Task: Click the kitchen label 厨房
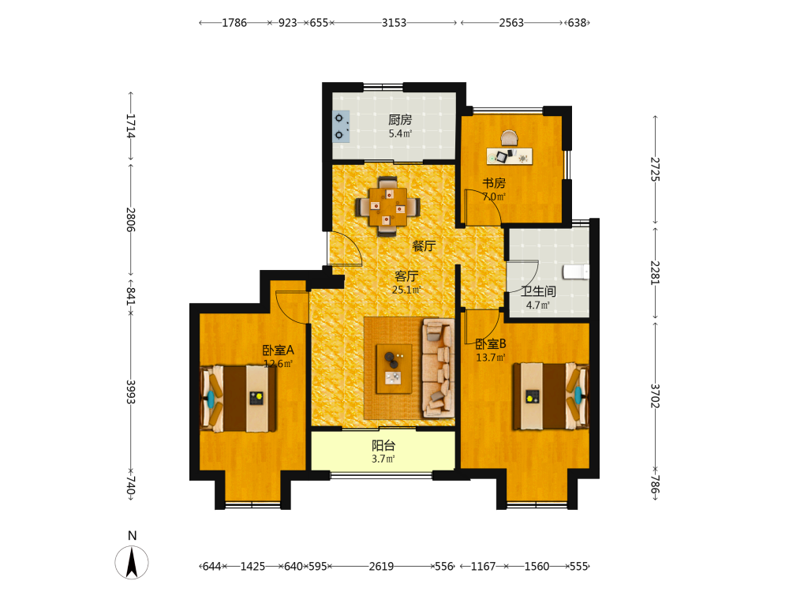(400, 120)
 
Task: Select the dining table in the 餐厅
(387, 206)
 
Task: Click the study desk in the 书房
(509, 156)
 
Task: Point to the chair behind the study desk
(509, 138)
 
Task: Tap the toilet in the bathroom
(576, 272)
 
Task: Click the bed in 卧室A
(238, 398)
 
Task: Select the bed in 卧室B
(551, 396)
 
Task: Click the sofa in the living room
(439, 368)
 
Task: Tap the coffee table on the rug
(394, 369)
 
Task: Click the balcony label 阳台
(383, 445)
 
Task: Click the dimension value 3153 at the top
(394, 23)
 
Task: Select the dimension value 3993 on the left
(131, 392)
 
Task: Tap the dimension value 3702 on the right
(655, 395)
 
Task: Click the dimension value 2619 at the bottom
(381, 566)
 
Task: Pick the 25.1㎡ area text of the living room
(406, 290)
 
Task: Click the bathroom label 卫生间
(538, 291)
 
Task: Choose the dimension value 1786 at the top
(234, 23)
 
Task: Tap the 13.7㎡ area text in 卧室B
(491, 358)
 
